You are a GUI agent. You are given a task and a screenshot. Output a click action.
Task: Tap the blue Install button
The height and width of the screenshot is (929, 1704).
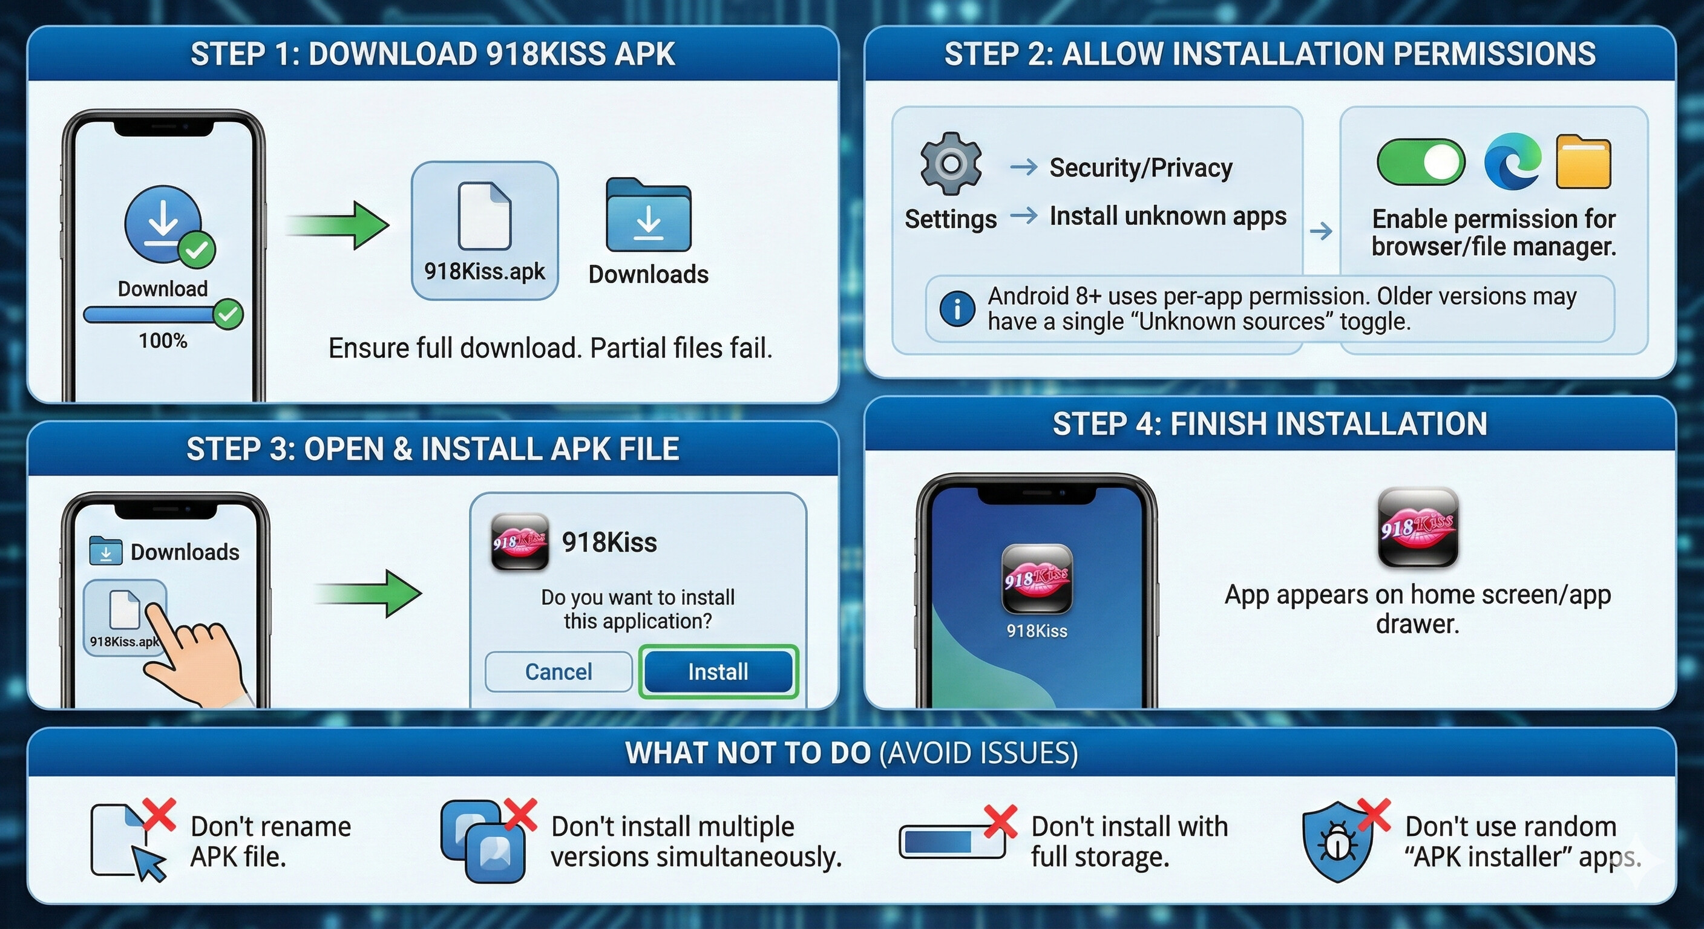coord(718,672)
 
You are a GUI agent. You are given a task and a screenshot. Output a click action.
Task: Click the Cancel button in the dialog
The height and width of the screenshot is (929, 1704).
coord(559,672)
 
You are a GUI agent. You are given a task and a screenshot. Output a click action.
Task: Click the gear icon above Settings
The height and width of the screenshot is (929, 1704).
coord(951,163)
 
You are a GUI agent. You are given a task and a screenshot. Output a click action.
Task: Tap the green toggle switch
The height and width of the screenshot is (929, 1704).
coord(1421,162)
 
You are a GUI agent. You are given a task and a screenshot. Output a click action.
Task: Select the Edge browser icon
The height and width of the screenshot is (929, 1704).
coord(1512,161)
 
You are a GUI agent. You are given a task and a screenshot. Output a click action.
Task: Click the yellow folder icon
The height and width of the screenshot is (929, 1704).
coord(1583,162)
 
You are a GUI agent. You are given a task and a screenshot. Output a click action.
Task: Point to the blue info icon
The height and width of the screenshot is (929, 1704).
coord(957,308)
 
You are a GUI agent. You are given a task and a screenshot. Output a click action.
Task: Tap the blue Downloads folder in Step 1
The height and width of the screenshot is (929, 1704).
coord(648,215)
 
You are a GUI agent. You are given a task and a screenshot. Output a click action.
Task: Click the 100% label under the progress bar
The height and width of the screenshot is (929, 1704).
coord(163,341)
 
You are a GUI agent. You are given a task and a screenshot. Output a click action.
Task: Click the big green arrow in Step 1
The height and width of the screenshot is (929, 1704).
coord(339,225)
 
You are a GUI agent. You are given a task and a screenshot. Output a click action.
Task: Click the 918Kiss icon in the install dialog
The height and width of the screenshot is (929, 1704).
coord(520,542)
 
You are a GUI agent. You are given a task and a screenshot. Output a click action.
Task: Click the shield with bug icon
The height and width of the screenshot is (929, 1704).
coord(1337,842)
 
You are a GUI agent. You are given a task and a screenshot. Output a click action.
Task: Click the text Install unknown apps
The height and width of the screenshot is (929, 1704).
coord(1167,216)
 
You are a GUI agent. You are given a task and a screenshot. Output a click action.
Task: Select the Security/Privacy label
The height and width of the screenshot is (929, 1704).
coord(1141,168)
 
